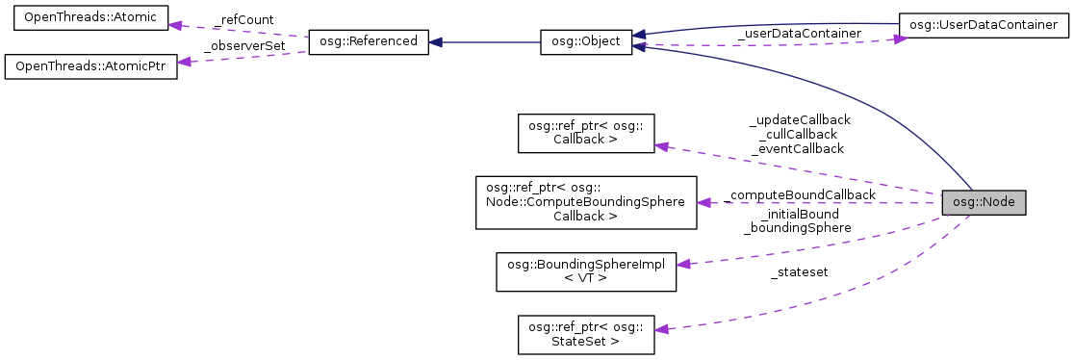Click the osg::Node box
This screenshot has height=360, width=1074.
pyautogui.click(x=984, y=203)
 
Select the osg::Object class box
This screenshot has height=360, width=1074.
pyautogui.click(x=585, y=41)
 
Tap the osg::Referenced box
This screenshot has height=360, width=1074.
pyautogui.click(x=367, y=41)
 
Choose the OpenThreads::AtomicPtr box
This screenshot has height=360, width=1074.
pyautogui.click(x=91, y=67)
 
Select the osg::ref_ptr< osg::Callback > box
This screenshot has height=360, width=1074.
pyautogui.click(x=586, y=132)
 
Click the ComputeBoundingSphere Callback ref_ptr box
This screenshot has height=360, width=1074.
pyautogui.click(x=586, y=202)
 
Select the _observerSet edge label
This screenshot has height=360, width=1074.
pyautogui.click(x=243, y=45)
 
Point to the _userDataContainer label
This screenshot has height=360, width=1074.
pyautogui.click(x=798, y=33)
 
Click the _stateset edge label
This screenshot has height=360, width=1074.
pyautogui.click(x=799, y=272)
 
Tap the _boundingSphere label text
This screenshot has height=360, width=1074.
pyautogui.click(x=797, y=228)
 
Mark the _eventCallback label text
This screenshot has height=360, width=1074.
pyautogui.click(x=799, y=148)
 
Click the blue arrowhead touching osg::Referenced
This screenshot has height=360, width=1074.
pyautogui.click(x=436, y=42)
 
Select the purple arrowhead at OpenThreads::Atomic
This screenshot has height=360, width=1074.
pyautogui.click(x=176, y=24)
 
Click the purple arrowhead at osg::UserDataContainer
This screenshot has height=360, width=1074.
pyautogui.click(x=900, y=39)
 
